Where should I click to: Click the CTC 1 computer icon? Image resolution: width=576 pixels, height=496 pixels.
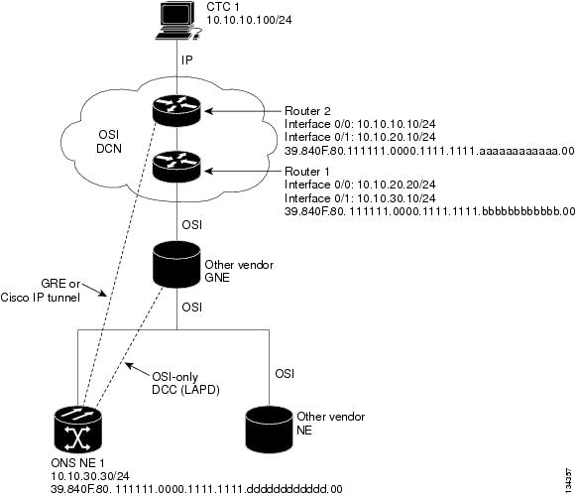click(178, 20)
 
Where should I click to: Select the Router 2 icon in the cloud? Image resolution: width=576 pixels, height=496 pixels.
click(176, 111)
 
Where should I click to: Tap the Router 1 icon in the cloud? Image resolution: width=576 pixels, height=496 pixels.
click(176, 168)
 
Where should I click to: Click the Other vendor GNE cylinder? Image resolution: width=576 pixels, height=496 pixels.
click(176, 264)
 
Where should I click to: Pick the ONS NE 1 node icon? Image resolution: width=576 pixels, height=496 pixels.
click(78, 430)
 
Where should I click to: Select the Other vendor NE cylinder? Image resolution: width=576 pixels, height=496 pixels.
click(270, 430)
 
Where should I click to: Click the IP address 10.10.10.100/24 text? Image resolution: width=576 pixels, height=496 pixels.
click(249, 20)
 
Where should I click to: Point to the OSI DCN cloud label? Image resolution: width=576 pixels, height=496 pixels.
click(109, 142)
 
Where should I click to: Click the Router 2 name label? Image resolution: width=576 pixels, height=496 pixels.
click(307, 111)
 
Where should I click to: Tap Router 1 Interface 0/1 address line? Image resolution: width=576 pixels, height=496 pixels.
click(360, 198)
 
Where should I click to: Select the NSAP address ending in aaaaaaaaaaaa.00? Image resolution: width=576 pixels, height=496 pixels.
click(429, 151)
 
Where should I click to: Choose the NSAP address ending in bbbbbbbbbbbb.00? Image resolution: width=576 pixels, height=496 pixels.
click(430, 211)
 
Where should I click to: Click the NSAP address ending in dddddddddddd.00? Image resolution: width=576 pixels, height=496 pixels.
click(196, 489)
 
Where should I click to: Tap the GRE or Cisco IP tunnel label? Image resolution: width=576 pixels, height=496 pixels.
click(40, 290)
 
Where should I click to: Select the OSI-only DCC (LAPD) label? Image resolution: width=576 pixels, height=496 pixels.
click(185, 383)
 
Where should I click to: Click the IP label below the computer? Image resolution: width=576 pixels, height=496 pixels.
click(187, 60)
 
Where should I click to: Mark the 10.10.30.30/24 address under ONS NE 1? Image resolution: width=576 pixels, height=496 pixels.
click(90, 476)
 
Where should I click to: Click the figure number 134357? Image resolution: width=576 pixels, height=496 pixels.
click(569, 480)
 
